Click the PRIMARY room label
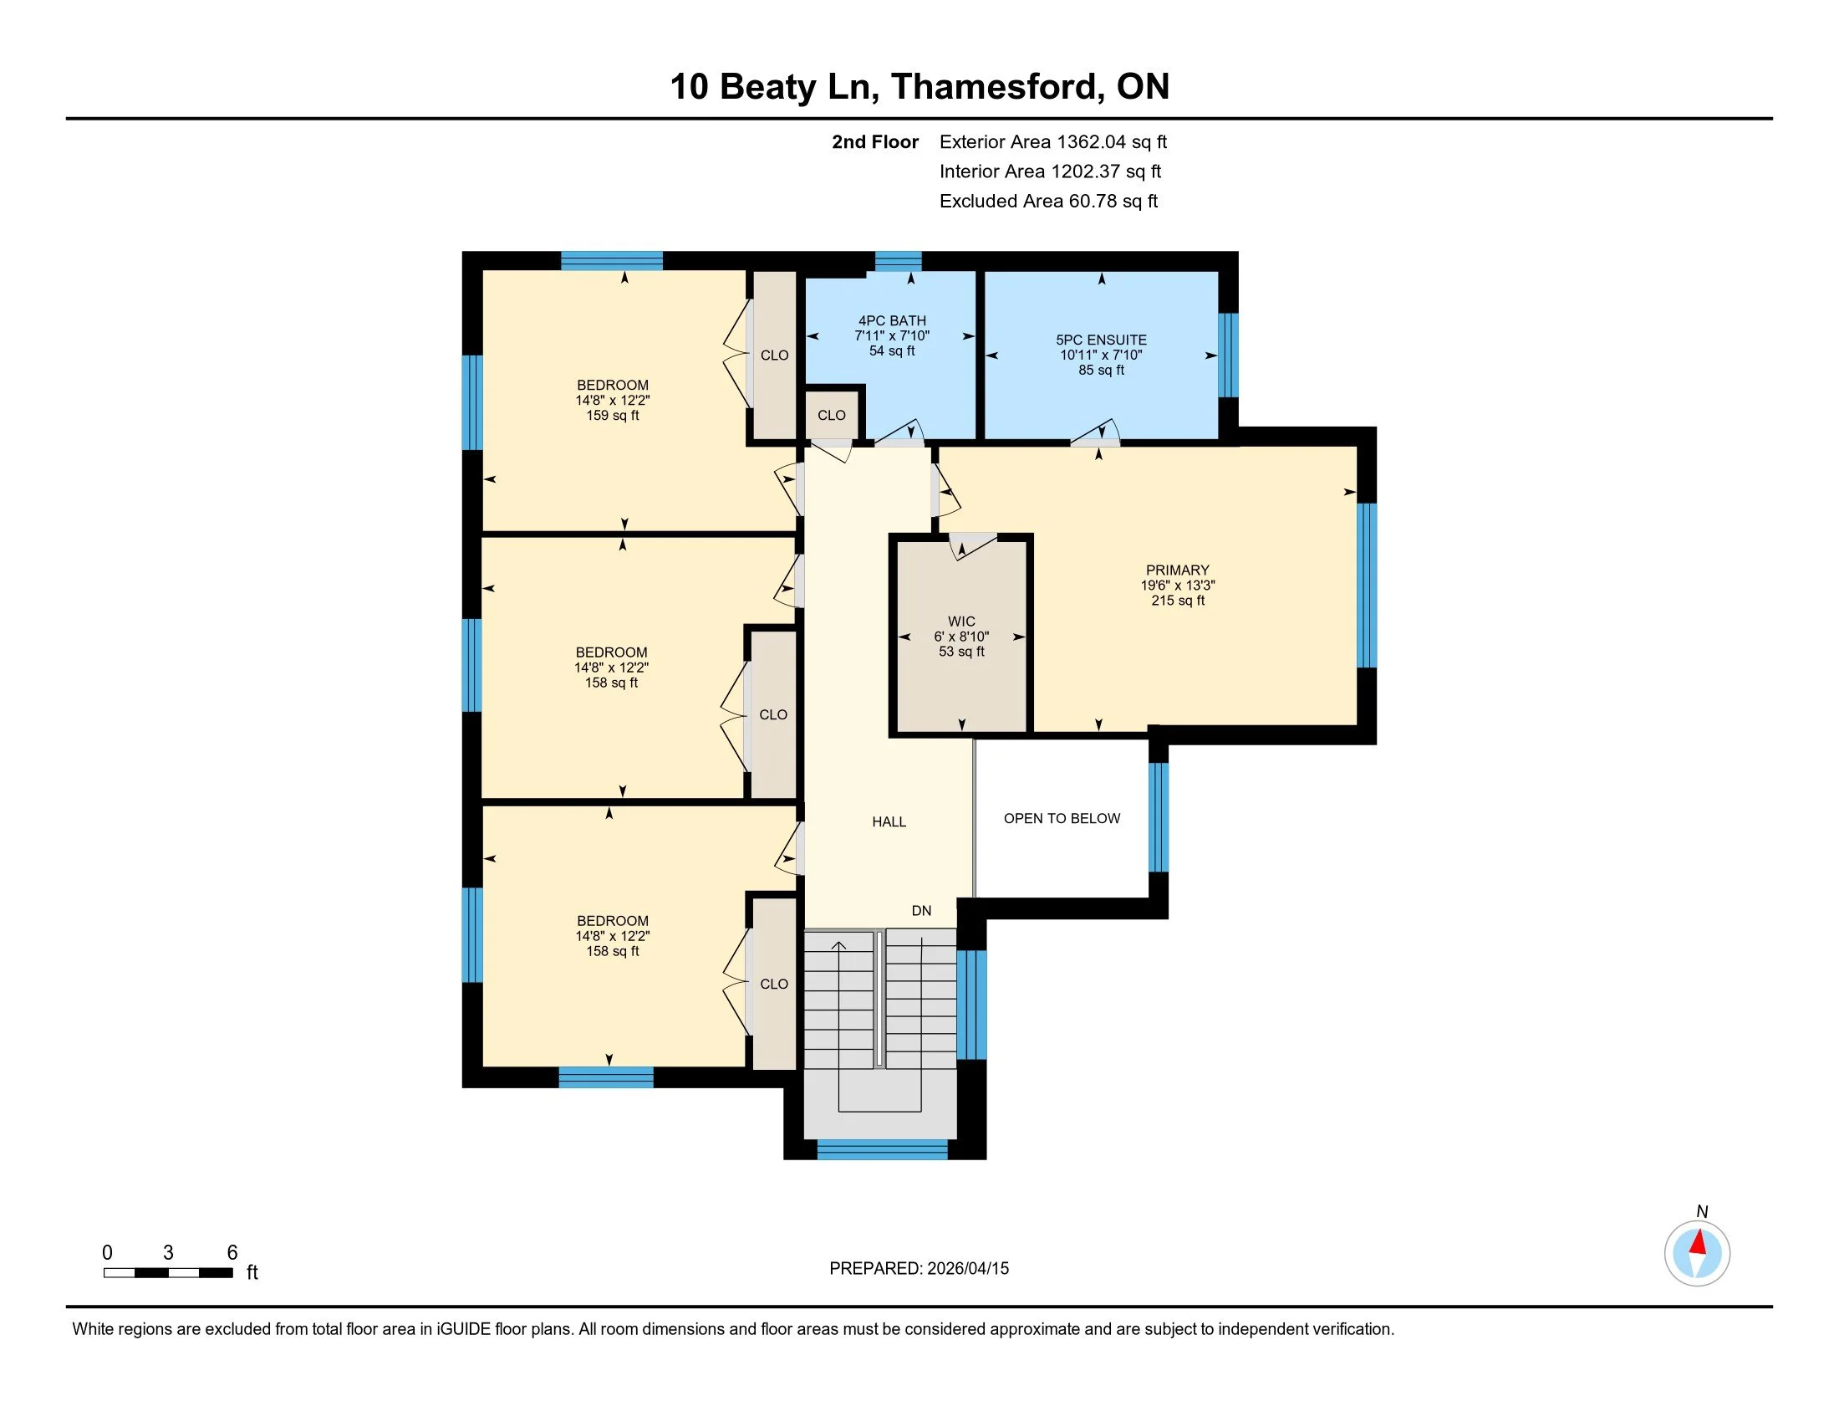[1177, 570]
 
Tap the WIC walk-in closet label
[961, 621]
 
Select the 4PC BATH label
[892, 321]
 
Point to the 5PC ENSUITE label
[1102, 340]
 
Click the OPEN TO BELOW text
[1062, 818]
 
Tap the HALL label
[889, 822]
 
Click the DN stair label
[922, 911]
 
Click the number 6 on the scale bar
[232, 1253]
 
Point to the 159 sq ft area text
[613, 416]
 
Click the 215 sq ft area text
[1178, 601]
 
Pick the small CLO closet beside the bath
[832, 414]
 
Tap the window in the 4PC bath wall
[899, 261]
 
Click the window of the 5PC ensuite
[1230, 355]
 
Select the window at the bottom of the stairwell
[883, 1149]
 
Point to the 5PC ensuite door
[1096, 433]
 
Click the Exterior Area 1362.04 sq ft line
[1053, 142]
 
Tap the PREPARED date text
[919, 1269]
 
